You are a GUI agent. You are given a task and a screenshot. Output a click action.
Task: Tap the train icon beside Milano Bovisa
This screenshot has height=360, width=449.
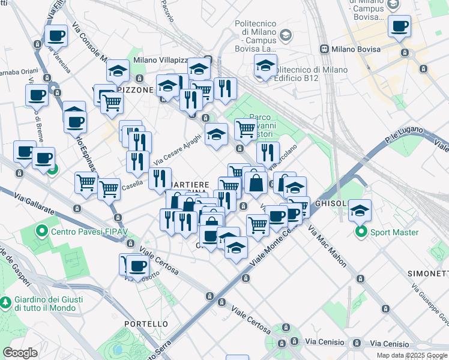[x=324, y=48]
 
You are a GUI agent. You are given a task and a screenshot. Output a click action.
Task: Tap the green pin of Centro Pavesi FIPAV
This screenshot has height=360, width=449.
[x=42, y=230]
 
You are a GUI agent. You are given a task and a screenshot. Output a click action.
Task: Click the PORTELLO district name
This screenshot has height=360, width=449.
[x=146, y=323]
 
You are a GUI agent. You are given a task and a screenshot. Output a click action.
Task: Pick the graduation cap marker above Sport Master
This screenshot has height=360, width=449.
[x=360, y=210]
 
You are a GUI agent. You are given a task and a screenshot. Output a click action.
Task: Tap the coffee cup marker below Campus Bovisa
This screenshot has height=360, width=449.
[x=399, y=26]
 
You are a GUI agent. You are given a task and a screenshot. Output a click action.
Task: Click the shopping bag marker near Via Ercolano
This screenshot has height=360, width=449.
[x=256, y=183]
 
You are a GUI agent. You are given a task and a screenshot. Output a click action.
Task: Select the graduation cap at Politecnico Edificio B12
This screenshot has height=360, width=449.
[x=265, y=65]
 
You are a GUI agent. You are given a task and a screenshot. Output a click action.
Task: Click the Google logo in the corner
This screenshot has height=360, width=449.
[x=20, y=353]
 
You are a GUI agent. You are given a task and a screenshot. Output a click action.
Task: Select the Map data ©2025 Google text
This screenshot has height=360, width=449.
[x=412, y=355]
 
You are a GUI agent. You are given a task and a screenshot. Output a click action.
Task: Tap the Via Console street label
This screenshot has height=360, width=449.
[x=88, y=42]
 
